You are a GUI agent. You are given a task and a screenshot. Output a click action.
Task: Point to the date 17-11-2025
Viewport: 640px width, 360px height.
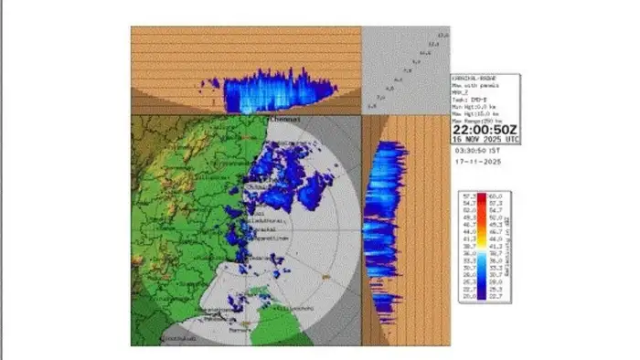pyautogui.click(x=477, y=162)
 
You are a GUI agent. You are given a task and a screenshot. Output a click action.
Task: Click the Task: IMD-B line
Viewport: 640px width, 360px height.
pyautogui.click(x=468, y=96)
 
